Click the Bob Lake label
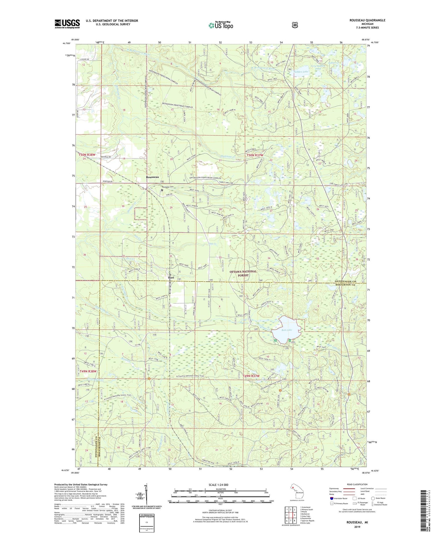coord(287,330)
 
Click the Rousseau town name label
coord(152,177)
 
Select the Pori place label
coord(171,278)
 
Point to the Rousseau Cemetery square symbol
coord(162,190)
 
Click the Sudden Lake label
coord(301,72)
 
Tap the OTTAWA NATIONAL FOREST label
coord(243,273)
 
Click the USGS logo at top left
coord(67,24)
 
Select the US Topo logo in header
coord(220,25)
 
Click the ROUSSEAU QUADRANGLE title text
coord(367,20)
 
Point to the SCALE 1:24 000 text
coord(218,485)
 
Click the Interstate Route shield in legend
coord(331,498)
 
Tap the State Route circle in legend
coord(373,498)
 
